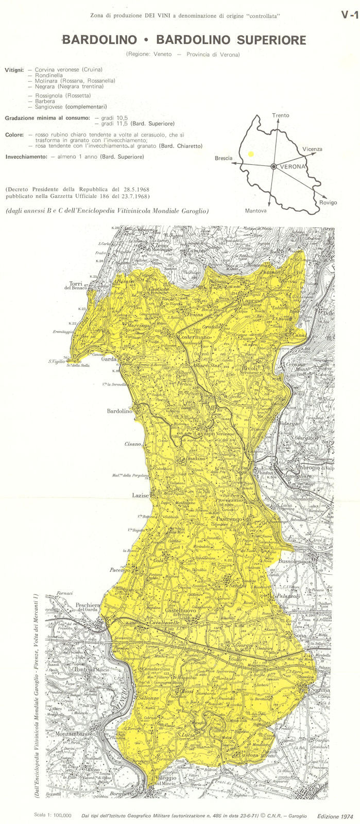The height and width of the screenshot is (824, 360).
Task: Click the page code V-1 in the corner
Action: click(349, 15)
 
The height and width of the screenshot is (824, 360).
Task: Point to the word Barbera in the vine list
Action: click(45, 101)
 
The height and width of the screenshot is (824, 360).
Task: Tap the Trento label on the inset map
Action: click(281, 116)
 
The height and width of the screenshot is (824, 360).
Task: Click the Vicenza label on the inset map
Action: click(312, 149)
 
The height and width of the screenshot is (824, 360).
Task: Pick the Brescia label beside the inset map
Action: click(224, 159)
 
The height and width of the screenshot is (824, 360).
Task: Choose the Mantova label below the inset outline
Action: click(256, 211)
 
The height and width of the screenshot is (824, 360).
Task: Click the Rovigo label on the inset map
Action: click(328, 202)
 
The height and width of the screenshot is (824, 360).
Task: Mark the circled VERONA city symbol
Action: click(274, 166)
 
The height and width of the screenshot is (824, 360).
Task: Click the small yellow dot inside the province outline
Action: click(251, 153)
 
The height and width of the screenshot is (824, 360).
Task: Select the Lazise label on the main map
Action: click(140, 495)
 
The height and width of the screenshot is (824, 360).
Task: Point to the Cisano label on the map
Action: click(132, 444)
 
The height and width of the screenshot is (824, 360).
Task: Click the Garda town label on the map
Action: click(109, 359)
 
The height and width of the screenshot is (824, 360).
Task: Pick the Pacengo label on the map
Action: click(120, 570)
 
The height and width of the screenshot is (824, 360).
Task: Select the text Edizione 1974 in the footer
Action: click(335, 816)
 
